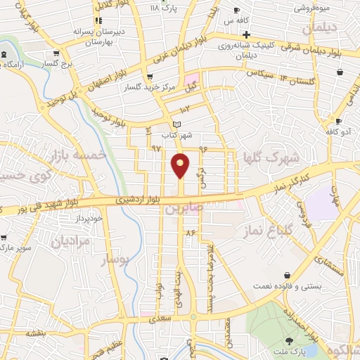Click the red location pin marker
181,165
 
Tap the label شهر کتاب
179,134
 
